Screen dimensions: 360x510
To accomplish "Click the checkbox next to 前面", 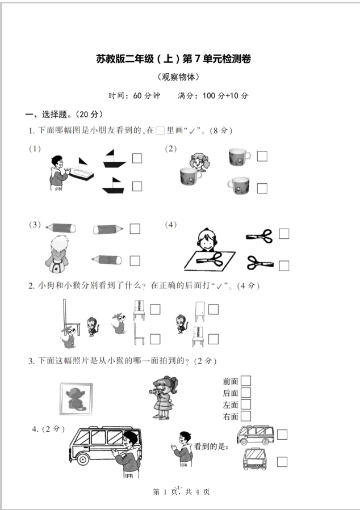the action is (x=246, y=381).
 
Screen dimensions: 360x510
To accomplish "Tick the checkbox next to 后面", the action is (x=246, y=392).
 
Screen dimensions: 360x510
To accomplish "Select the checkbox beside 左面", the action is (x=246, y=404).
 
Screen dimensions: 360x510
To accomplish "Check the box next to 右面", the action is (x=246, y=416).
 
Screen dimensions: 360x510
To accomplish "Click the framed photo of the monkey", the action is (x=76, y=399).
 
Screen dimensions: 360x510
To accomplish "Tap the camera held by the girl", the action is (x=154, y=391).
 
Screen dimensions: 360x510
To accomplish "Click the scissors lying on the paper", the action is (x=210, y=260).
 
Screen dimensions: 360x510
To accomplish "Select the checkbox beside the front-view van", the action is (x=282, y=462).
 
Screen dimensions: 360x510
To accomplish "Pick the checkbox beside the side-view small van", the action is (x=282, y=435).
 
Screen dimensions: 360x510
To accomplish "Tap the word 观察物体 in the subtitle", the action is (x=178, y=77).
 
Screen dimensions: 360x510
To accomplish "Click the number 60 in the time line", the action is (x=137, y=96).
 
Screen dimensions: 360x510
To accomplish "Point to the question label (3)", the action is (x=35, y=225).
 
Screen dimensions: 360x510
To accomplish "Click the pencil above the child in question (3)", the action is (x=61, y=227).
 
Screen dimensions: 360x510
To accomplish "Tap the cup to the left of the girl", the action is (x=190, y=176).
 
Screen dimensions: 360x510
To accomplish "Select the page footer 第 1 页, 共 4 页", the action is (x=181, y=492).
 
